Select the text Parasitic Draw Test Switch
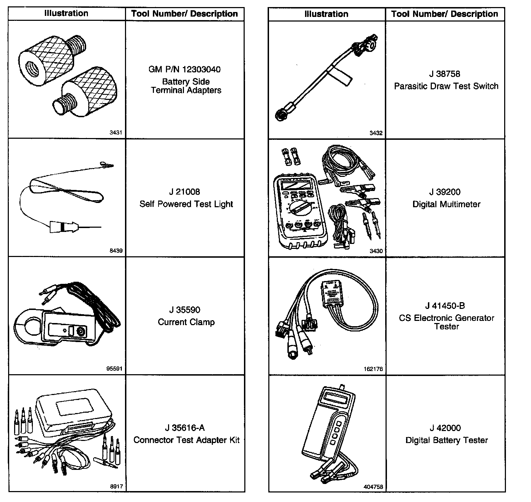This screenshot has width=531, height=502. (446, 86)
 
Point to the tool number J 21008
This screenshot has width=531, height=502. (184, 192)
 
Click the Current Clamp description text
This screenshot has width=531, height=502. (186, 322)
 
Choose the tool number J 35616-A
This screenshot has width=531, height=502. (185, 428)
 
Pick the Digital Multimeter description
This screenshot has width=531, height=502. (446, 204)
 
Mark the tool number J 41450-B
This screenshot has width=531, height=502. (446, 306)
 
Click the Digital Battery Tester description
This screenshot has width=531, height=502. (446, 440)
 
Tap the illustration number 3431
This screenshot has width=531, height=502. (116, 133)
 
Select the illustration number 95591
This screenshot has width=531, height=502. (114, 369)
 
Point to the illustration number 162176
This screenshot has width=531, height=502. (373, 369)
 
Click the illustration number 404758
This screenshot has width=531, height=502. (373, 487)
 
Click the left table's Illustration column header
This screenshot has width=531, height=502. (66, 13)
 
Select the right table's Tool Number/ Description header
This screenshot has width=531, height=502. (445, 14)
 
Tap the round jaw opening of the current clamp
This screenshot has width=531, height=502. (29, 325)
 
